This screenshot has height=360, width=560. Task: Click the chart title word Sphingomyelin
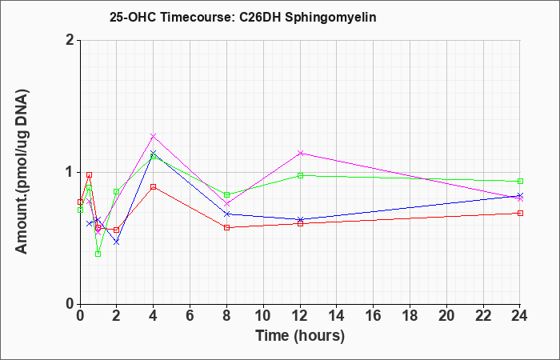330,18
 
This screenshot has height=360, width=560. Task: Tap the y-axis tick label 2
70,40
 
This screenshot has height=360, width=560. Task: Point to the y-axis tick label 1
70,172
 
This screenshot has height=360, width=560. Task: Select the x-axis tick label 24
519,316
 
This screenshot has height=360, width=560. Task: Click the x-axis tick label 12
300,316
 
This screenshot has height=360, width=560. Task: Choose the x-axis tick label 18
410,316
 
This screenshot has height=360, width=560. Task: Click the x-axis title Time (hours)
300,336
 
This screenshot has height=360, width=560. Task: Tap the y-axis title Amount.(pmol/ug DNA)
22,172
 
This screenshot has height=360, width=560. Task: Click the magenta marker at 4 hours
154,136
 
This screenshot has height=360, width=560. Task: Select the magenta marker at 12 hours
300,154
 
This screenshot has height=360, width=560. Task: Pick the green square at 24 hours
520,181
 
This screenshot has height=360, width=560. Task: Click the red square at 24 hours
520,214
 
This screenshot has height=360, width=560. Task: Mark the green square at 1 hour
98,254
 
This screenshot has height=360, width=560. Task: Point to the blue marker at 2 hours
116,242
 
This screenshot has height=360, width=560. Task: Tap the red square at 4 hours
154,186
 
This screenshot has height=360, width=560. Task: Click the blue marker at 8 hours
226,214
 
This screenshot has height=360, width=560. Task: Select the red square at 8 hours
226,227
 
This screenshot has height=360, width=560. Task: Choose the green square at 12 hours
300,175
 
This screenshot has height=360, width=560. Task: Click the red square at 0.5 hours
90,174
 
